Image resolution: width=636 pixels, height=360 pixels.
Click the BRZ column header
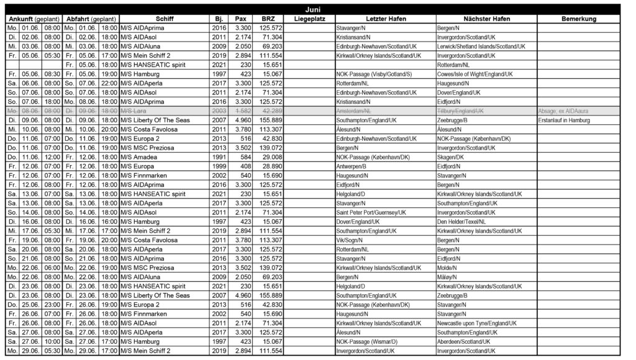(x=268, y=19)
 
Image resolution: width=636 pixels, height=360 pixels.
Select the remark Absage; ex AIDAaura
(x=564, y=110)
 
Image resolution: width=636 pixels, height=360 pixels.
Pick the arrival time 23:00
(x=52, y=305)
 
